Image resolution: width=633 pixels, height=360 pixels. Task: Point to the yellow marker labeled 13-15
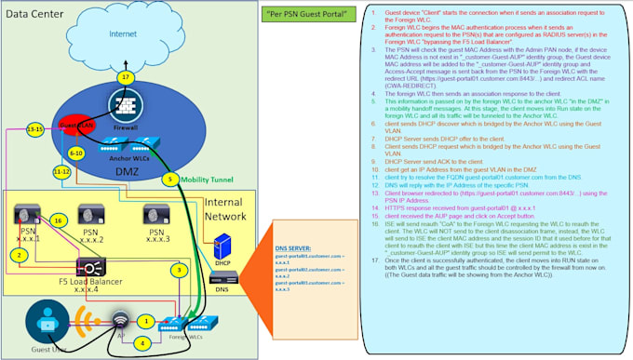pyautogui.click(x=35, y=129)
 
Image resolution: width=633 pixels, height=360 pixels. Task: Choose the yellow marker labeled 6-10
pyautogui.click(x=76, y=151)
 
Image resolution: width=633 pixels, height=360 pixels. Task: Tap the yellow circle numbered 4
pyautogui.click(x=141, y=342)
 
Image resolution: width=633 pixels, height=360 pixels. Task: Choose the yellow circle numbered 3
pyautogui.click(x=178, y=271)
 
